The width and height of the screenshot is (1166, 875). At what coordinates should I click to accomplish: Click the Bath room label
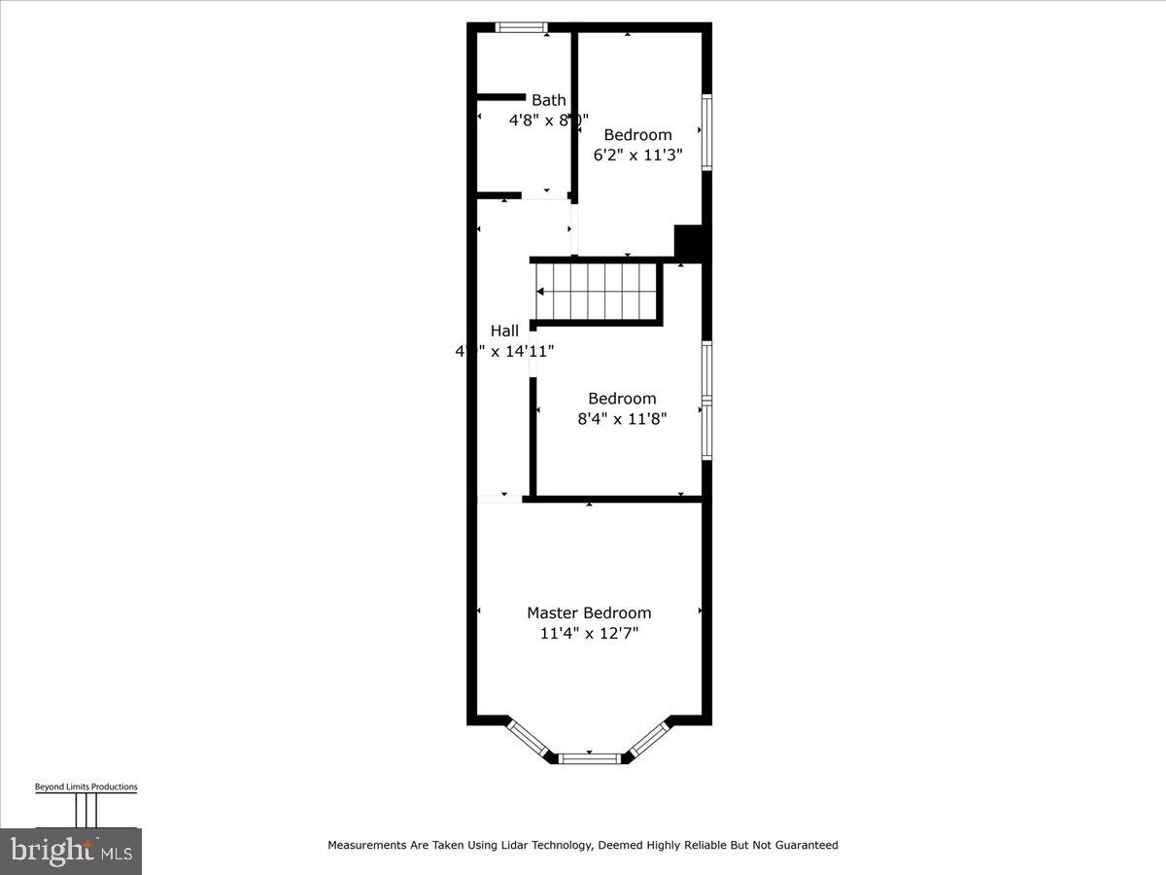coord(548,100)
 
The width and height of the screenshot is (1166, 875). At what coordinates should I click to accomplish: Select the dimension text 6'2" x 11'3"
coord(638,155)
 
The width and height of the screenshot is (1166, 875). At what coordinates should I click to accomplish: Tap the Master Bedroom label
coord(589,612)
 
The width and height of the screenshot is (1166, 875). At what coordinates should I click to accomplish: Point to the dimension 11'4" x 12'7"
coord(589,634)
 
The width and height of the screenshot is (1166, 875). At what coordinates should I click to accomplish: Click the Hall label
coord(504,331)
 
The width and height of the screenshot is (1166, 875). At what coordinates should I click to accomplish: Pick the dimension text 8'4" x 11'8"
coord(622,419)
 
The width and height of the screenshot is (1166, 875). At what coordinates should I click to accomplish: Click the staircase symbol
coord(597,291)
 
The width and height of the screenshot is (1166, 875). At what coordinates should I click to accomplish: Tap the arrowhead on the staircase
coord(540,291)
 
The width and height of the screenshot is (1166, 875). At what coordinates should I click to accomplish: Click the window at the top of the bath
coord(521,27)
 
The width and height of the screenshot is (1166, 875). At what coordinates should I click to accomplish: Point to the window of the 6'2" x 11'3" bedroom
coord(706,132)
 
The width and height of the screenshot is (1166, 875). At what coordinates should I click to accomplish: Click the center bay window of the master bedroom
coord(589,757)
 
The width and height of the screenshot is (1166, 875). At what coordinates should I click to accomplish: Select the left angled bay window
coord(530,737)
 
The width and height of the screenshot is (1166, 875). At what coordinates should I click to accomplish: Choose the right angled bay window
coord(648,737)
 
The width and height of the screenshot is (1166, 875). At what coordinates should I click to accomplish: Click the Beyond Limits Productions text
coord(86,787)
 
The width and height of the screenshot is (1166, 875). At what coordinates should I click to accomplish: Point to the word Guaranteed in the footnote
coord(802,845)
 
